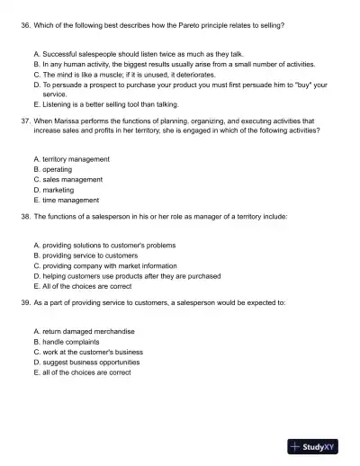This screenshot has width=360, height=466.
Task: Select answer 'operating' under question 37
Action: [57, 169]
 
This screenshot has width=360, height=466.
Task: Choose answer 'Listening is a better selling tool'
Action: [105, 104]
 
